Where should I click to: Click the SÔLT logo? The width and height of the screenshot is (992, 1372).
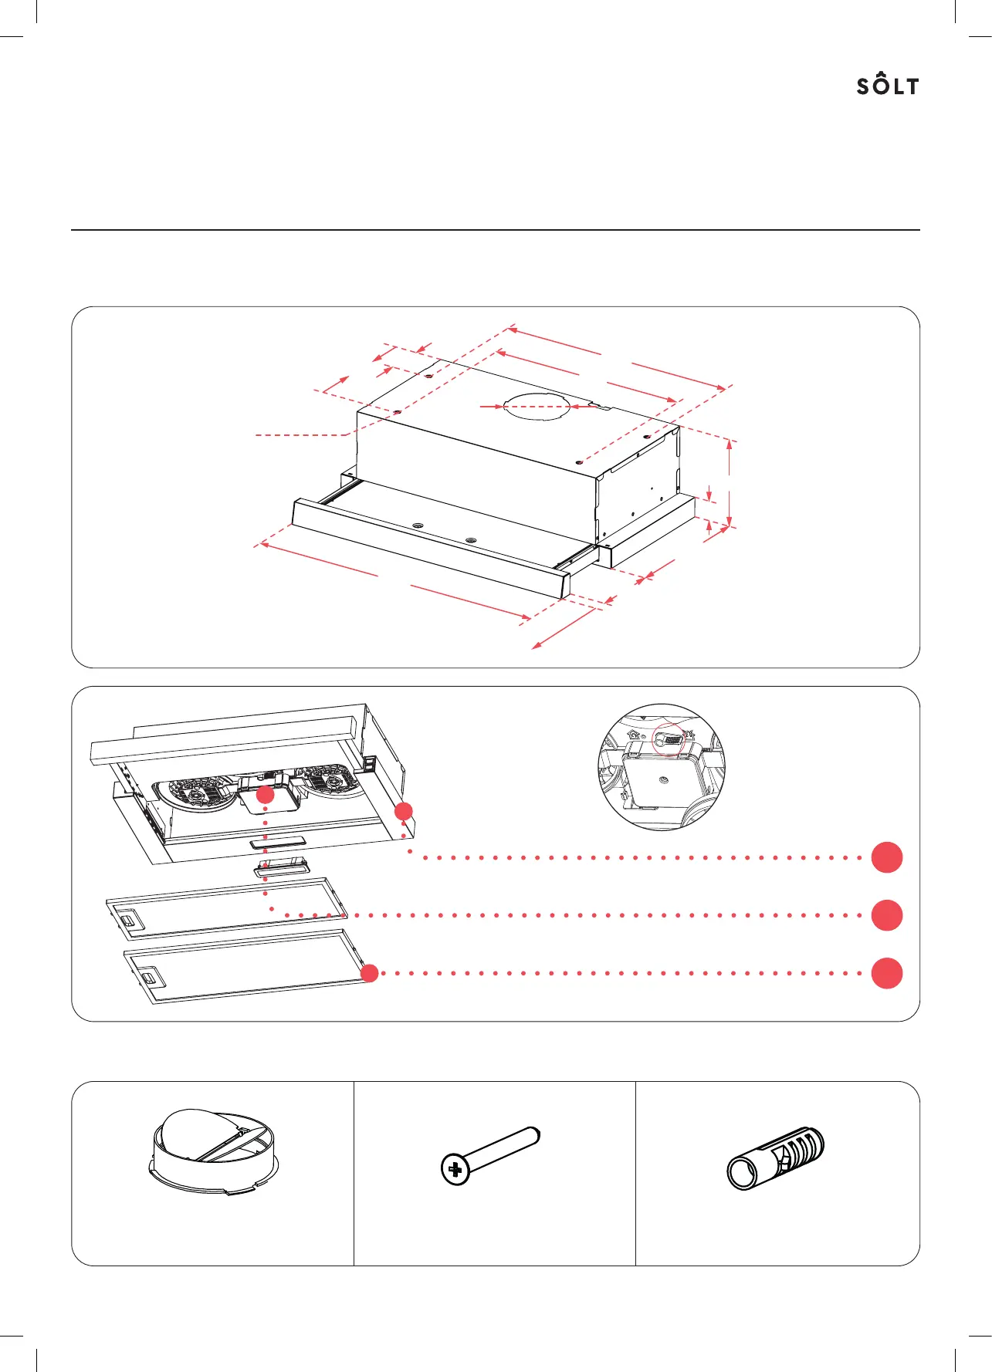(x=888, y=86)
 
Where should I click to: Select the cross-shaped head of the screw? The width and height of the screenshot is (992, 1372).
(x=455, y=1170)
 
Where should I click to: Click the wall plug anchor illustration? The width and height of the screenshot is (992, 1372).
(x=775, y=1157)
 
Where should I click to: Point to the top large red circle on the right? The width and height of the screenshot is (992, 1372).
(x=887, y=857)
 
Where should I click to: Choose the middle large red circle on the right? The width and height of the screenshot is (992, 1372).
(x=887, y=915)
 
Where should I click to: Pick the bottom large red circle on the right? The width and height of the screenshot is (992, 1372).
(x=887, y=973)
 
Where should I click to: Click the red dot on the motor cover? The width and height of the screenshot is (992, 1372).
(x=265, y=796)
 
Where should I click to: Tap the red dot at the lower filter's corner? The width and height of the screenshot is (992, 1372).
(x=370, y=973)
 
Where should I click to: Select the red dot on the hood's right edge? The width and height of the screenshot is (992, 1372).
(x=404, y=811)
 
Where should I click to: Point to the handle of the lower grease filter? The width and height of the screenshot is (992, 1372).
(x=152, y=981)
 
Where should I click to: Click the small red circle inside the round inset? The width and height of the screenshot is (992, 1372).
(x=669, y=739)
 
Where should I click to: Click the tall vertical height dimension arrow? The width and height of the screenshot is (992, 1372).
(x=730, y=483)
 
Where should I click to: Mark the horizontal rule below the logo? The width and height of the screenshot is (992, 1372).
(x=496, y=230)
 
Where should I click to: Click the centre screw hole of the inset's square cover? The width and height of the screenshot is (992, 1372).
(x=663, y=782)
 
